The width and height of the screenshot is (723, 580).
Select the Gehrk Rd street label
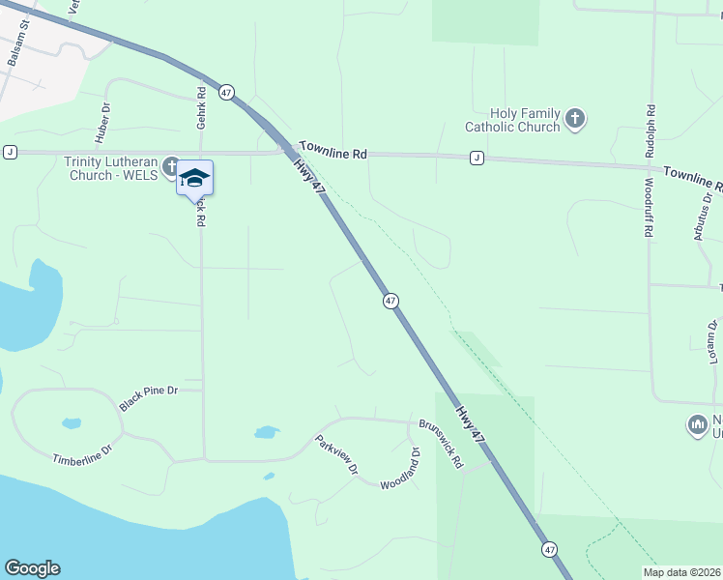[x=202, y=108]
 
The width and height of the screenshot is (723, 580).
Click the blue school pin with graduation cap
[x=194, y=178]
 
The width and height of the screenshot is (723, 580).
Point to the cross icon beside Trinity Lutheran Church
[x=171, y=164]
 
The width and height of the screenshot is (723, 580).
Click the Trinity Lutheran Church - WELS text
[x=112, y=169]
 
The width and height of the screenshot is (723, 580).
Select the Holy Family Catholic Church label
[x=512, y=120]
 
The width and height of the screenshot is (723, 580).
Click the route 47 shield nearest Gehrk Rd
[x=226, y=92]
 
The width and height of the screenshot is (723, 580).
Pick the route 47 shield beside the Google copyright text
[x=549, y=549]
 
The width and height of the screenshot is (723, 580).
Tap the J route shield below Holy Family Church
[x=477, y=158]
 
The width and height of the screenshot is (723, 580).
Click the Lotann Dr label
[x=713, y=343]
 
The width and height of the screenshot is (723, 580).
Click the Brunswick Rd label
[x=442, y=444]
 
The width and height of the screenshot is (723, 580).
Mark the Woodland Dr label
[x=401, y=469]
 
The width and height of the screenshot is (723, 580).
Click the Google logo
[x=32, y=568]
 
